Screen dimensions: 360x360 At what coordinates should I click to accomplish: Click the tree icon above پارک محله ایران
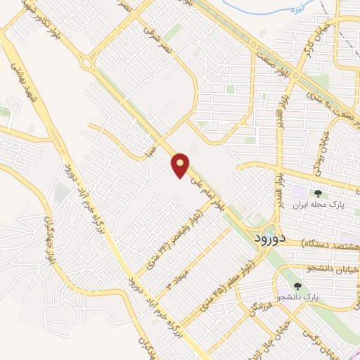318,193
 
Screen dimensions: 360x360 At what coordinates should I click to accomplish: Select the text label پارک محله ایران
318,207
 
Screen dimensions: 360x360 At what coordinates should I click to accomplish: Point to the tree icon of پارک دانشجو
298,286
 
